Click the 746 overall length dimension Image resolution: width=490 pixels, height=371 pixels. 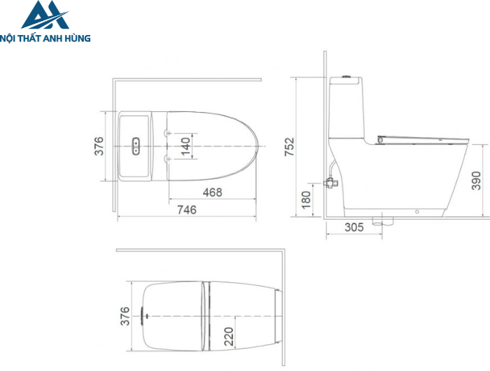point(187,209)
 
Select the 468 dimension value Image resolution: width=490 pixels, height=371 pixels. point(212,192)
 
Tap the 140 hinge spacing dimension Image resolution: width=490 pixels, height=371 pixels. point(185,146)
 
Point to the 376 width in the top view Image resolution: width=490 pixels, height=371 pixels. point(99,146)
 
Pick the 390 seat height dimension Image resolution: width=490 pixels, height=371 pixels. point(476,179)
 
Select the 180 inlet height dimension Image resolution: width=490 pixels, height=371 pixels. point(305,199)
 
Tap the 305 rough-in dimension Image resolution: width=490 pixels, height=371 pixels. point(355,227)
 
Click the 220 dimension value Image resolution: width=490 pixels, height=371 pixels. point(228,337)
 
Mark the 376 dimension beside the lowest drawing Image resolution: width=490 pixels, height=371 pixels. point(125,316)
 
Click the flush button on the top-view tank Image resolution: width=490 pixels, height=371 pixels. point(135,146)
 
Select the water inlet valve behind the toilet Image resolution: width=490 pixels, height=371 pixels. point(330,183)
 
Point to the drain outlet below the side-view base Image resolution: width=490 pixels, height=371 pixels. point(381,222)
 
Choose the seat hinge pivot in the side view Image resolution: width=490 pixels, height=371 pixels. point(379,140)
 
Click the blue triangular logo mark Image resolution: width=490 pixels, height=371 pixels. point(44,17)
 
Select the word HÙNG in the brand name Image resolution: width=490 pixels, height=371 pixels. point(76,38)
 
